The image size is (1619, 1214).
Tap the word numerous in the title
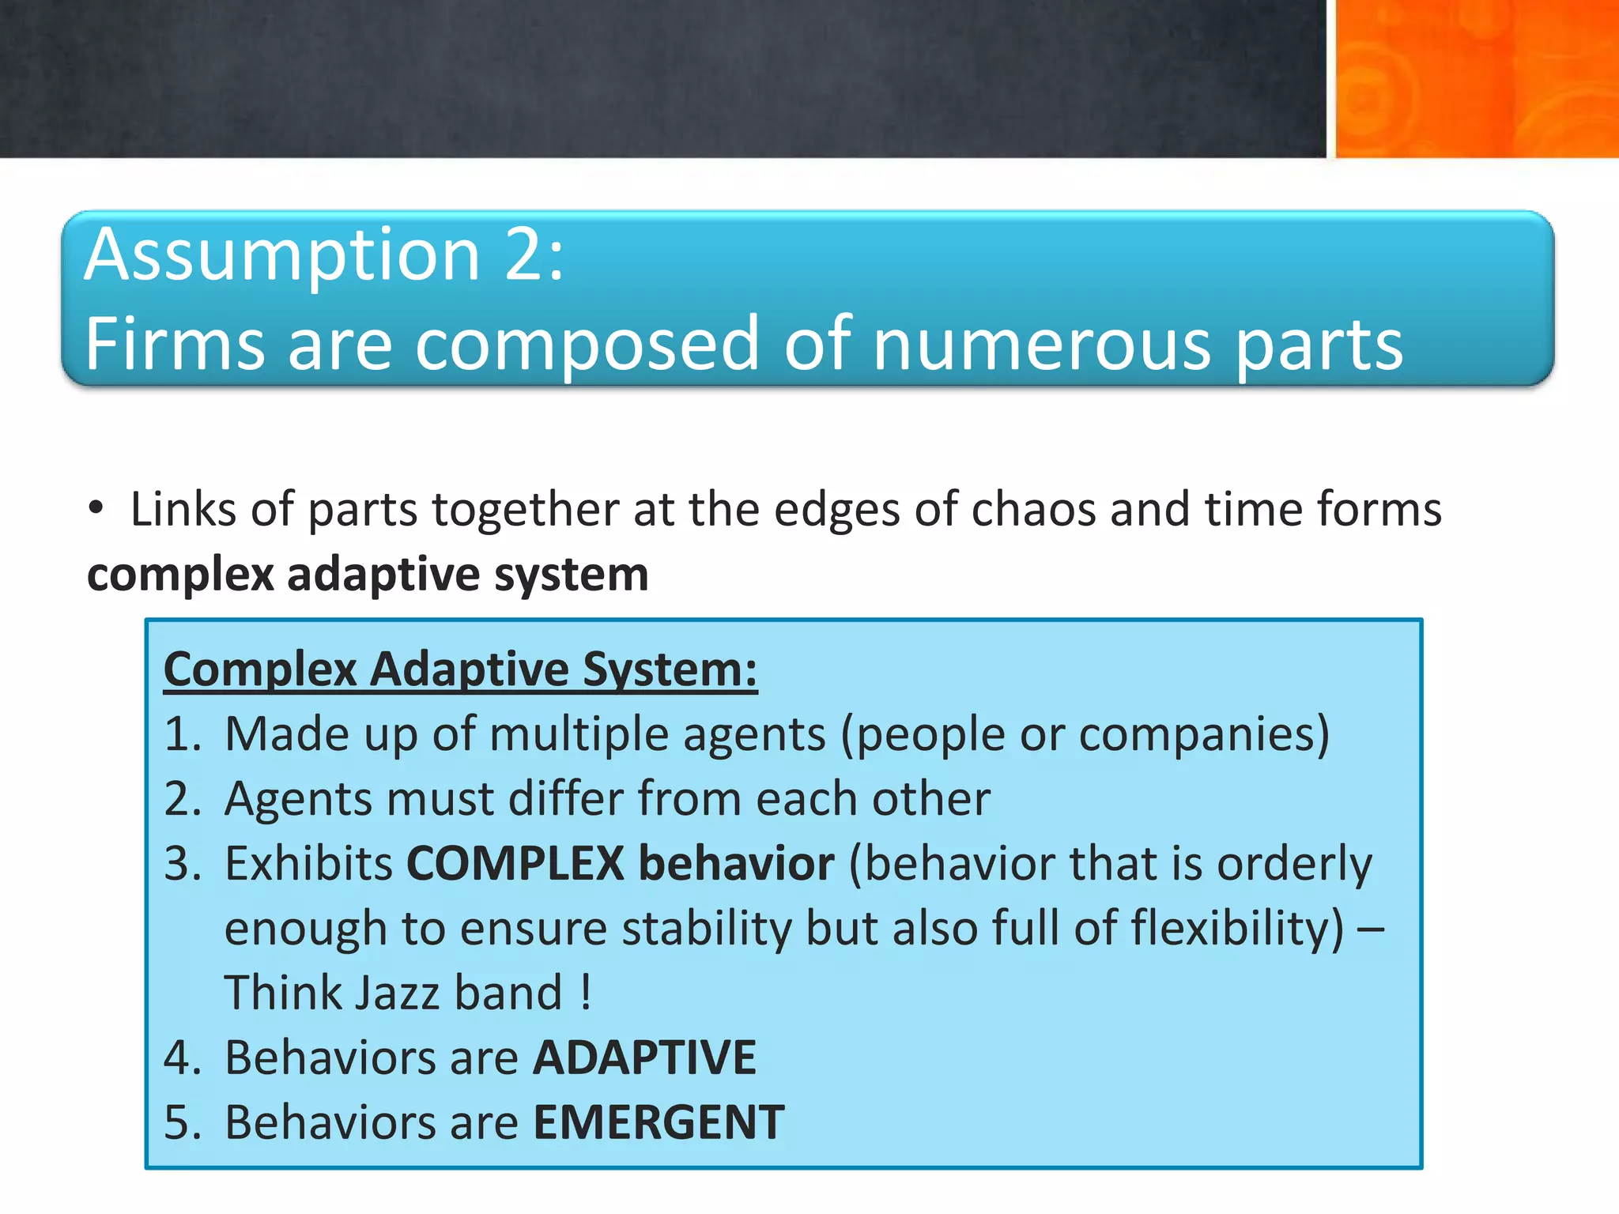coord(1042,344)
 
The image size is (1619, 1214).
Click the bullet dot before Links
coord(96,507)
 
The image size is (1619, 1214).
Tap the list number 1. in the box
coord(183,734)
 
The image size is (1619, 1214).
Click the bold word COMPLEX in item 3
coord(515,863)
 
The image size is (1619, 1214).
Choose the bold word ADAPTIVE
coord(644,1058)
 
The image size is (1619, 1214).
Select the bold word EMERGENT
coord(659,1122)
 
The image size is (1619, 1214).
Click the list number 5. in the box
coord(183,1122)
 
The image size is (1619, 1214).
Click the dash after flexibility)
coord(1370,929)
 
